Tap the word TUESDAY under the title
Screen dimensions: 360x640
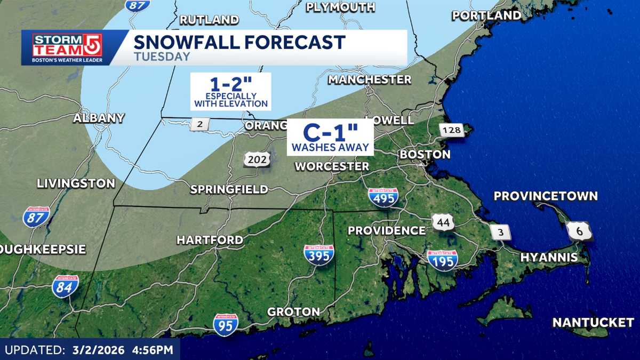pyautogui.click(x=162, y=57)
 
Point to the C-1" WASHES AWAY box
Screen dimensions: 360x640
pyautogui.click(x=330, y=137)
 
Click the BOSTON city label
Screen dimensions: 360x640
pyautogui.click(x=425, y=155)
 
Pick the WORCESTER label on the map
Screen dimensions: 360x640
pyautogui.click(x=332, y=166)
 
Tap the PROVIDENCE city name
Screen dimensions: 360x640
pyautogui.click(x=387, y=231)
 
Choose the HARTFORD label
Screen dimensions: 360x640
pyautogui.click(x=210, y=240)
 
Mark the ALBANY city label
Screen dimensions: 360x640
pyautogui.click(x=99, y=118)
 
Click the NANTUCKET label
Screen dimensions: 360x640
pyautogui.click(x=593, y=323)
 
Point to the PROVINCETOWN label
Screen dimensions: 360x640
pyautogui.click(x=546, y=196)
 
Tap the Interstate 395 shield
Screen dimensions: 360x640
pyautogui.click(x=319, y=255)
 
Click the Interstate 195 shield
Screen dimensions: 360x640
pyautogui.click(x=442, y=260)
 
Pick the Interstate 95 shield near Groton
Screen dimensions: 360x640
pyautogui.click(x=226, y=324)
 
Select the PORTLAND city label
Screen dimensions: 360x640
pyautogui.click(x=486, y=15)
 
